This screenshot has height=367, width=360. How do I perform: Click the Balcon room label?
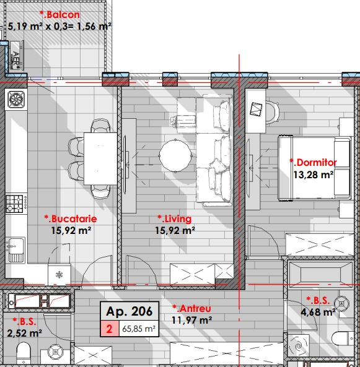click(59, 15)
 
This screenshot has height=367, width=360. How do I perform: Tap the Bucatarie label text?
click(71, 219)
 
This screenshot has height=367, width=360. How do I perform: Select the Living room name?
click(175, 219)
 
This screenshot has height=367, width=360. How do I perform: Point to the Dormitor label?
click(313, 162)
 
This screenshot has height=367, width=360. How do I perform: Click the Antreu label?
click(191, 308)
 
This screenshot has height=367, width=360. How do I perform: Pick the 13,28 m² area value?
click(314, 175)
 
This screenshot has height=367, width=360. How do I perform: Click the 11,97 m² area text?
click(191, 320)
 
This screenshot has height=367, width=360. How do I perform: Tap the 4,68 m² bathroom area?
click(318, 312)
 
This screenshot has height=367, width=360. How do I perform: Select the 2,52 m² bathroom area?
click(24, 333)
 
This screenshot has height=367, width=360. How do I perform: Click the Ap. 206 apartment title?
click(130, 311)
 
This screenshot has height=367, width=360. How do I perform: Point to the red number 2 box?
click(110, 329)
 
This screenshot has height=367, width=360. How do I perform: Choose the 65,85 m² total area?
click(139, 329)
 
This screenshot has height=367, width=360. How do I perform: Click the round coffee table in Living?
click(175, 155)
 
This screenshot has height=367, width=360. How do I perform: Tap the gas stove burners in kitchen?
click(14, 204)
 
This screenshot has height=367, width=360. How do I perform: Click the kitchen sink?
click(16, 250)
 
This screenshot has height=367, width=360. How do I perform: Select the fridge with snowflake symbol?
click(59, 275)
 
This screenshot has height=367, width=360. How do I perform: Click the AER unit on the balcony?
click(16, 56)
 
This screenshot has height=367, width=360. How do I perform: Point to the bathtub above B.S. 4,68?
click(320, 274)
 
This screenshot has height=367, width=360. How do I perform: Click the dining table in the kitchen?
click(100, 158)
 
